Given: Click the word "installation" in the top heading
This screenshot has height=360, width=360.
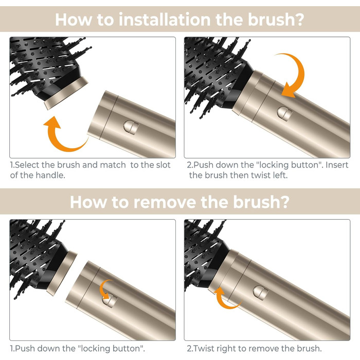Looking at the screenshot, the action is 165,20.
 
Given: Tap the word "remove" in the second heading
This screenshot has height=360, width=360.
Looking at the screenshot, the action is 165,202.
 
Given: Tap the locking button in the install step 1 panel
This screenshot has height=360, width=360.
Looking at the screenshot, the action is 131,127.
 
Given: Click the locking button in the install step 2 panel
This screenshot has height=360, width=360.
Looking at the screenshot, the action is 285,114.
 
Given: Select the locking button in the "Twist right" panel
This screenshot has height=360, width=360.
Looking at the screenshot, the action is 261,293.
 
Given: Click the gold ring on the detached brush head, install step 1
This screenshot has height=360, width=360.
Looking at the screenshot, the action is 66,93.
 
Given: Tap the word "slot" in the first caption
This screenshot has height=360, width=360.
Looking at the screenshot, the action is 163,165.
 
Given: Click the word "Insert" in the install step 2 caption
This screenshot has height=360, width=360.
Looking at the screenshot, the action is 337,165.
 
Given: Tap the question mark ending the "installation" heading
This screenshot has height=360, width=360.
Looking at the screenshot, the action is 300,20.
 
